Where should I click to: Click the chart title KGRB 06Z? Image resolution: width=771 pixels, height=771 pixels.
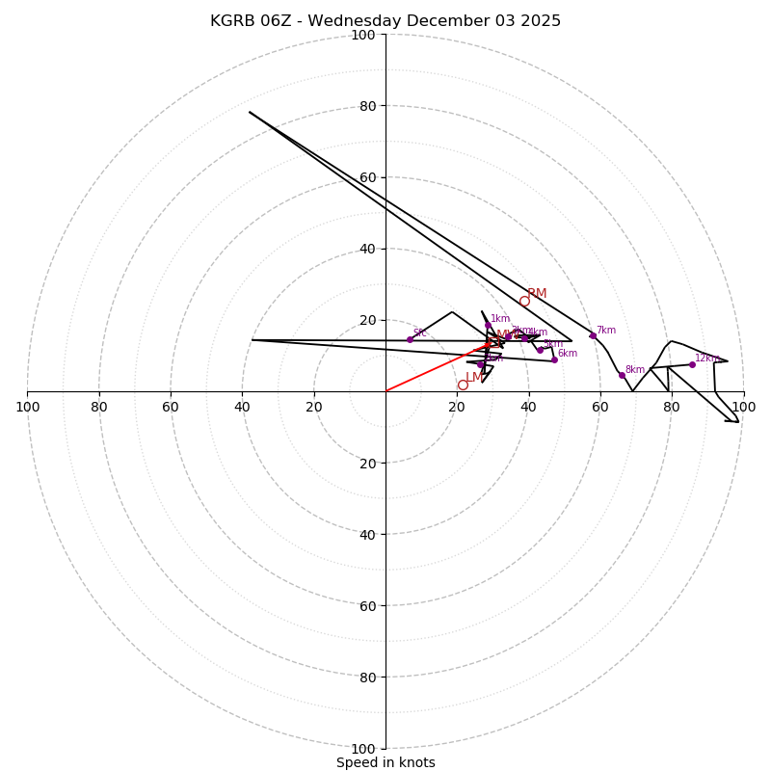[385, 21]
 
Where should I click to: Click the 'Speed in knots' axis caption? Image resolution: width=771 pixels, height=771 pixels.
[385, 762]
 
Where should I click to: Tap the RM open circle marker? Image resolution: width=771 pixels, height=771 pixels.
[524, 302]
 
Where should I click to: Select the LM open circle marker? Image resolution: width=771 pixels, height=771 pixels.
[463, 385]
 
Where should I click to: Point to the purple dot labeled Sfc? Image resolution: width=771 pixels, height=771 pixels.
[410, 339]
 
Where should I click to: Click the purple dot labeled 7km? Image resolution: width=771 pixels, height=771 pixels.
[593, 335]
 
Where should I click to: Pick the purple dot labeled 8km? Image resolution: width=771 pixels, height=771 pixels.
[622, 375]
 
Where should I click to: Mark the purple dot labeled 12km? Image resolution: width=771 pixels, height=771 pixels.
[692, 364]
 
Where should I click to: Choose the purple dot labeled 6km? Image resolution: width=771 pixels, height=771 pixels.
[554, 359]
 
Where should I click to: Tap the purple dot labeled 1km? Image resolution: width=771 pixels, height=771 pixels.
[487, 325]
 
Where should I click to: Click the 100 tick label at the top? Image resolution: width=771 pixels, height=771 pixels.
[363, 35]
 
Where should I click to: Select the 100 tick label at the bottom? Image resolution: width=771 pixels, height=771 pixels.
[363, 749]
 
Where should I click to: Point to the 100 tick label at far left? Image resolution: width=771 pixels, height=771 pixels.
[28, 407]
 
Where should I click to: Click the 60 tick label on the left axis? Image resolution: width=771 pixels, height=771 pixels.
[171, 407]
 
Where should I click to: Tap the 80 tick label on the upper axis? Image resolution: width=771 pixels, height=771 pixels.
[367, 106]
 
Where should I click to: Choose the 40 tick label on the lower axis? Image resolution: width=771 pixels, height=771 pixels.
[367, 535]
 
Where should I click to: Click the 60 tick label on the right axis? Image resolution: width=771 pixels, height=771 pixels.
[599, 407]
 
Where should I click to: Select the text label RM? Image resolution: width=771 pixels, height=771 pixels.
[537, 293]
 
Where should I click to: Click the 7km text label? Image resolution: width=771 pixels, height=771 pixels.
[605, 330]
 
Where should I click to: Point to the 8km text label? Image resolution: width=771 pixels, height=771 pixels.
[634, 369]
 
